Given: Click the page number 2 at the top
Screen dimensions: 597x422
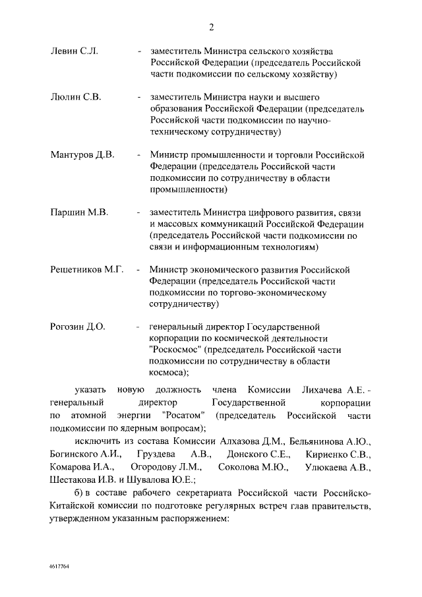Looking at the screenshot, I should [x=211, y=27].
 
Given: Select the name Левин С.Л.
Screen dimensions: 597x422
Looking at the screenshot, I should [x=74, y=51].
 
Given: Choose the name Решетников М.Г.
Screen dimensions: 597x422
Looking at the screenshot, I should [x=87, y=270].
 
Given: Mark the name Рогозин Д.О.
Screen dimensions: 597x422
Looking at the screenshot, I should [x=78, y=327].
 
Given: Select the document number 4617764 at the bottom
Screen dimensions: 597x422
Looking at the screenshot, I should [x=59, y=567].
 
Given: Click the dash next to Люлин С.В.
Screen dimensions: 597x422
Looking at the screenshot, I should [x=138, y=97].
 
